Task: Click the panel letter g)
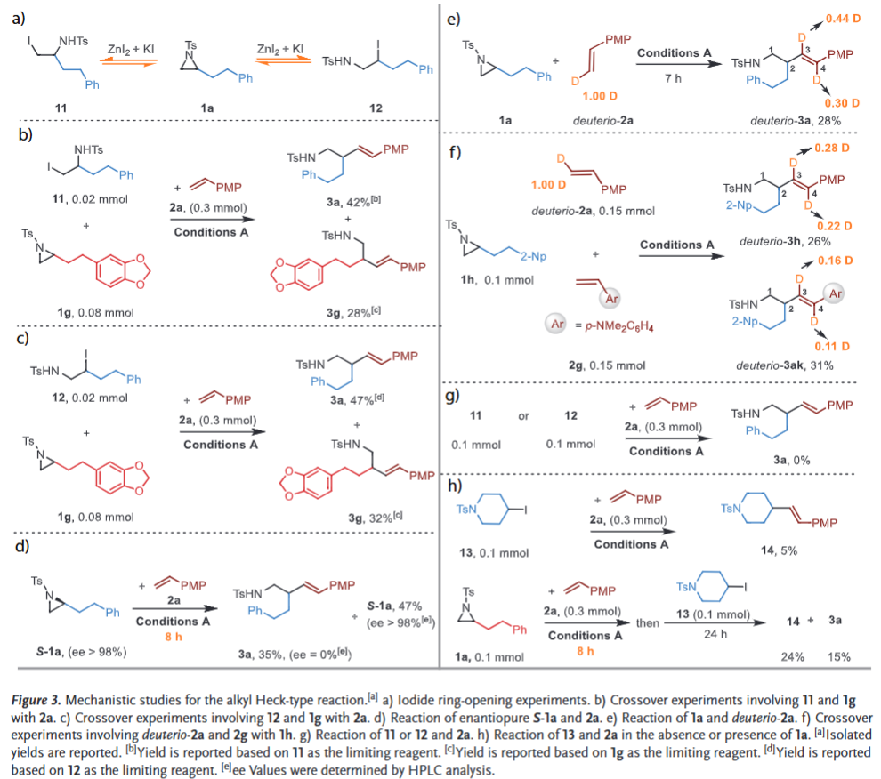[456, 392]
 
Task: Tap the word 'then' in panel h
[648, 622]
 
